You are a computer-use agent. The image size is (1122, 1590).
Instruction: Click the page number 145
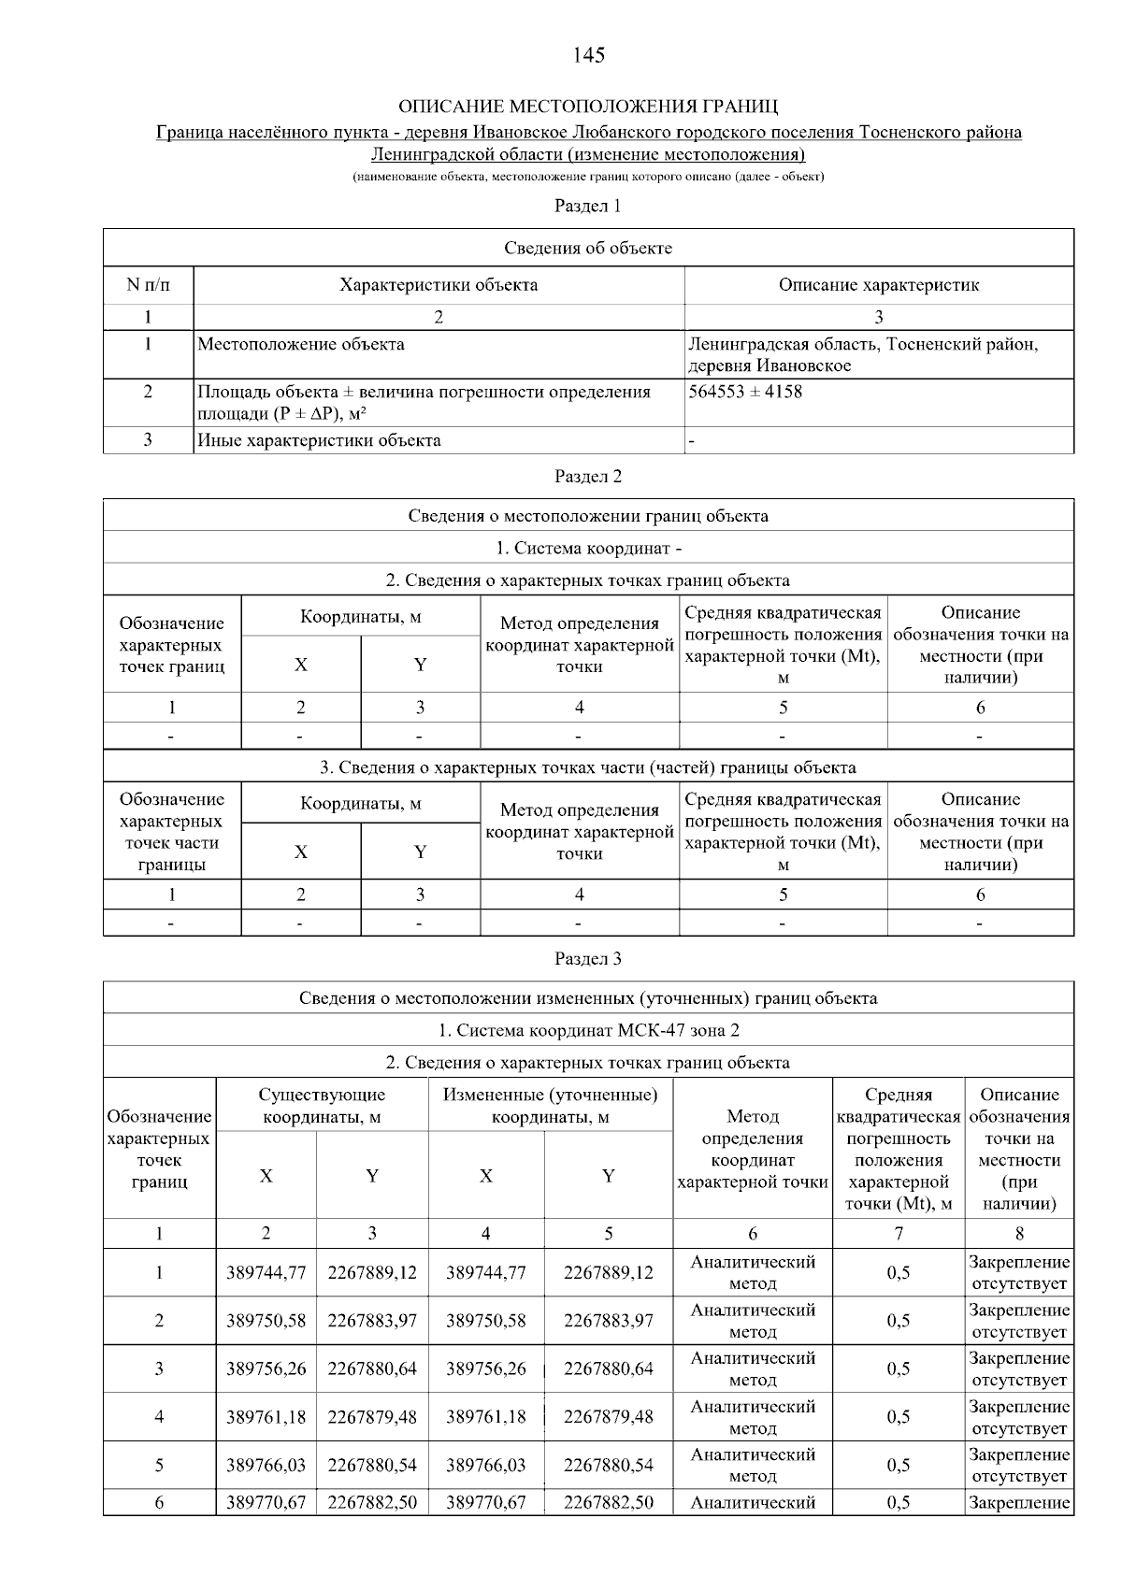[588, 55]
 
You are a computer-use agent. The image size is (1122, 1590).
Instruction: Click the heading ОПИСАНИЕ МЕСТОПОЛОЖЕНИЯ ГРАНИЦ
[588, 105]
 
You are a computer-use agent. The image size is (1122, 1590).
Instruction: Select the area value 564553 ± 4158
[745, 392]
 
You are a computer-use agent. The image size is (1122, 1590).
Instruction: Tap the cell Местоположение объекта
[301, 345]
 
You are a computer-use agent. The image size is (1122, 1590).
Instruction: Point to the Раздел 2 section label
[588, 477]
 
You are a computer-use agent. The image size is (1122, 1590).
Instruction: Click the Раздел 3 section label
[588, 959]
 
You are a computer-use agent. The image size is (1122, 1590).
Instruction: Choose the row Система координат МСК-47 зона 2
[588, 1030]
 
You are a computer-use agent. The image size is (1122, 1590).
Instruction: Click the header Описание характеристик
[878, 285]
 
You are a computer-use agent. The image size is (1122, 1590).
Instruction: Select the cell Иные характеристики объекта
[319, 440]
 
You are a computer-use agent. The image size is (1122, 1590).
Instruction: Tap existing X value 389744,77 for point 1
[266, 1272]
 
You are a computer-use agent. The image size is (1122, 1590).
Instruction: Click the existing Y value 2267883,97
[372, 1321]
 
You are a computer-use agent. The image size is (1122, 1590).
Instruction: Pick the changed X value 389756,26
[485, 1368]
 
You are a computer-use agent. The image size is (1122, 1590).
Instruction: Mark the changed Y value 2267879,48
[608, 1417]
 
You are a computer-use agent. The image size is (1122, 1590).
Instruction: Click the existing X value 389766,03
[266, 1465]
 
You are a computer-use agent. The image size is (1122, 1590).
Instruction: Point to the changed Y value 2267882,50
[608, 1502]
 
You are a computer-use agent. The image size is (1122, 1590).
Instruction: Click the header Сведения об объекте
[588, 248]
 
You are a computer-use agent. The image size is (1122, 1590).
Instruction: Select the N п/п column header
[148, 285]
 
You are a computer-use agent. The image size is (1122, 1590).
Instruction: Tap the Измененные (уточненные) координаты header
[550, 1106]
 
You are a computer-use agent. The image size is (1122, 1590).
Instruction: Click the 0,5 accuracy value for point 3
[898, 1368]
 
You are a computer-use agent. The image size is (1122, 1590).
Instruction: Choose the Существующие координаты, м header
[322, 1106]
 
